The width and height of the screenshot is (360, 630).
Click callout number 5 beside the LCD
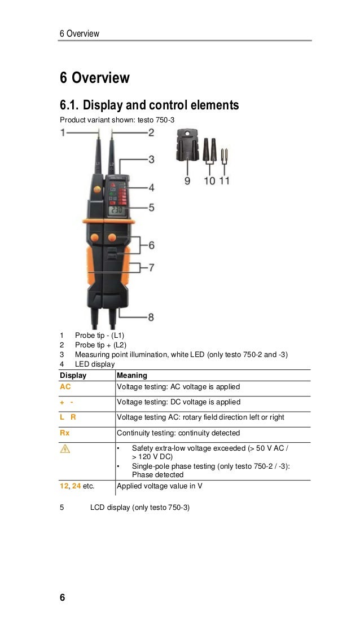(151, 208)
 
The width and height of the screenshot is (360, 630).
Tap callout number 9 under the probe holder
(187, 181)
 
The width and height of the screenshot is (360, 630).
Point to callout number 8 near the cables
(151, 317)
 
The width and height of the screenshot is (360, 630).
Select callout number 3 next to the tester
(151, 160)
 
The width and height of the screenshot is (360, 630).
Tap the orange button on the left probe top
(97, 190)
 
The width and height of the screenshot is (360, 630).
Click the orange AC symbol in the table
(65, 386)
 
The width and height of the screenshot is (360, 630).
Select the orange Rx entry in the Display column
(65, 433)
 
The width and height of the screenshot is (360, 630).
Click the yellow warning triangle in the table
(65, 448)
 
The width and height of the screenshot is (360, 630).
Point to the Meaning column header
(132, 375)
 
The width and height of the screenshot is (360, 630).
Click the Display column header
(73, 375)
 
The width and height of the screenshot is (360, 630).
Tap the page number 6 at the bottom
(62, 597)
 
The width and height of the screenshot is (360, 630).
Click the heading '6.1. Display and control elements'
(150, 105)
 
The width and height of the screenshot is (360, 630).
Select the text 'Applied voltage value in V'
(160, 486)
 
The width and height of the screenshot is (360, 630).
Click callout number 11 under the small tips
(224, 181)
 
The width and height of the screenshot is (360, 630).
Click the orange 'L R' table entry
(68, 417)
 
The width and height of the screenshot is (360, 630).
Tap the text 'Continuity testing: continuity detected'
(178, 433)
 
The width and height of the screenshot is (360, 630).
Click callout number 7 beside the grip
(151, 267)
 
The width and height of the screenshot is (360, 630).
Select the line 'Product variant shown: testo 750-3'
(117, 120)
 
